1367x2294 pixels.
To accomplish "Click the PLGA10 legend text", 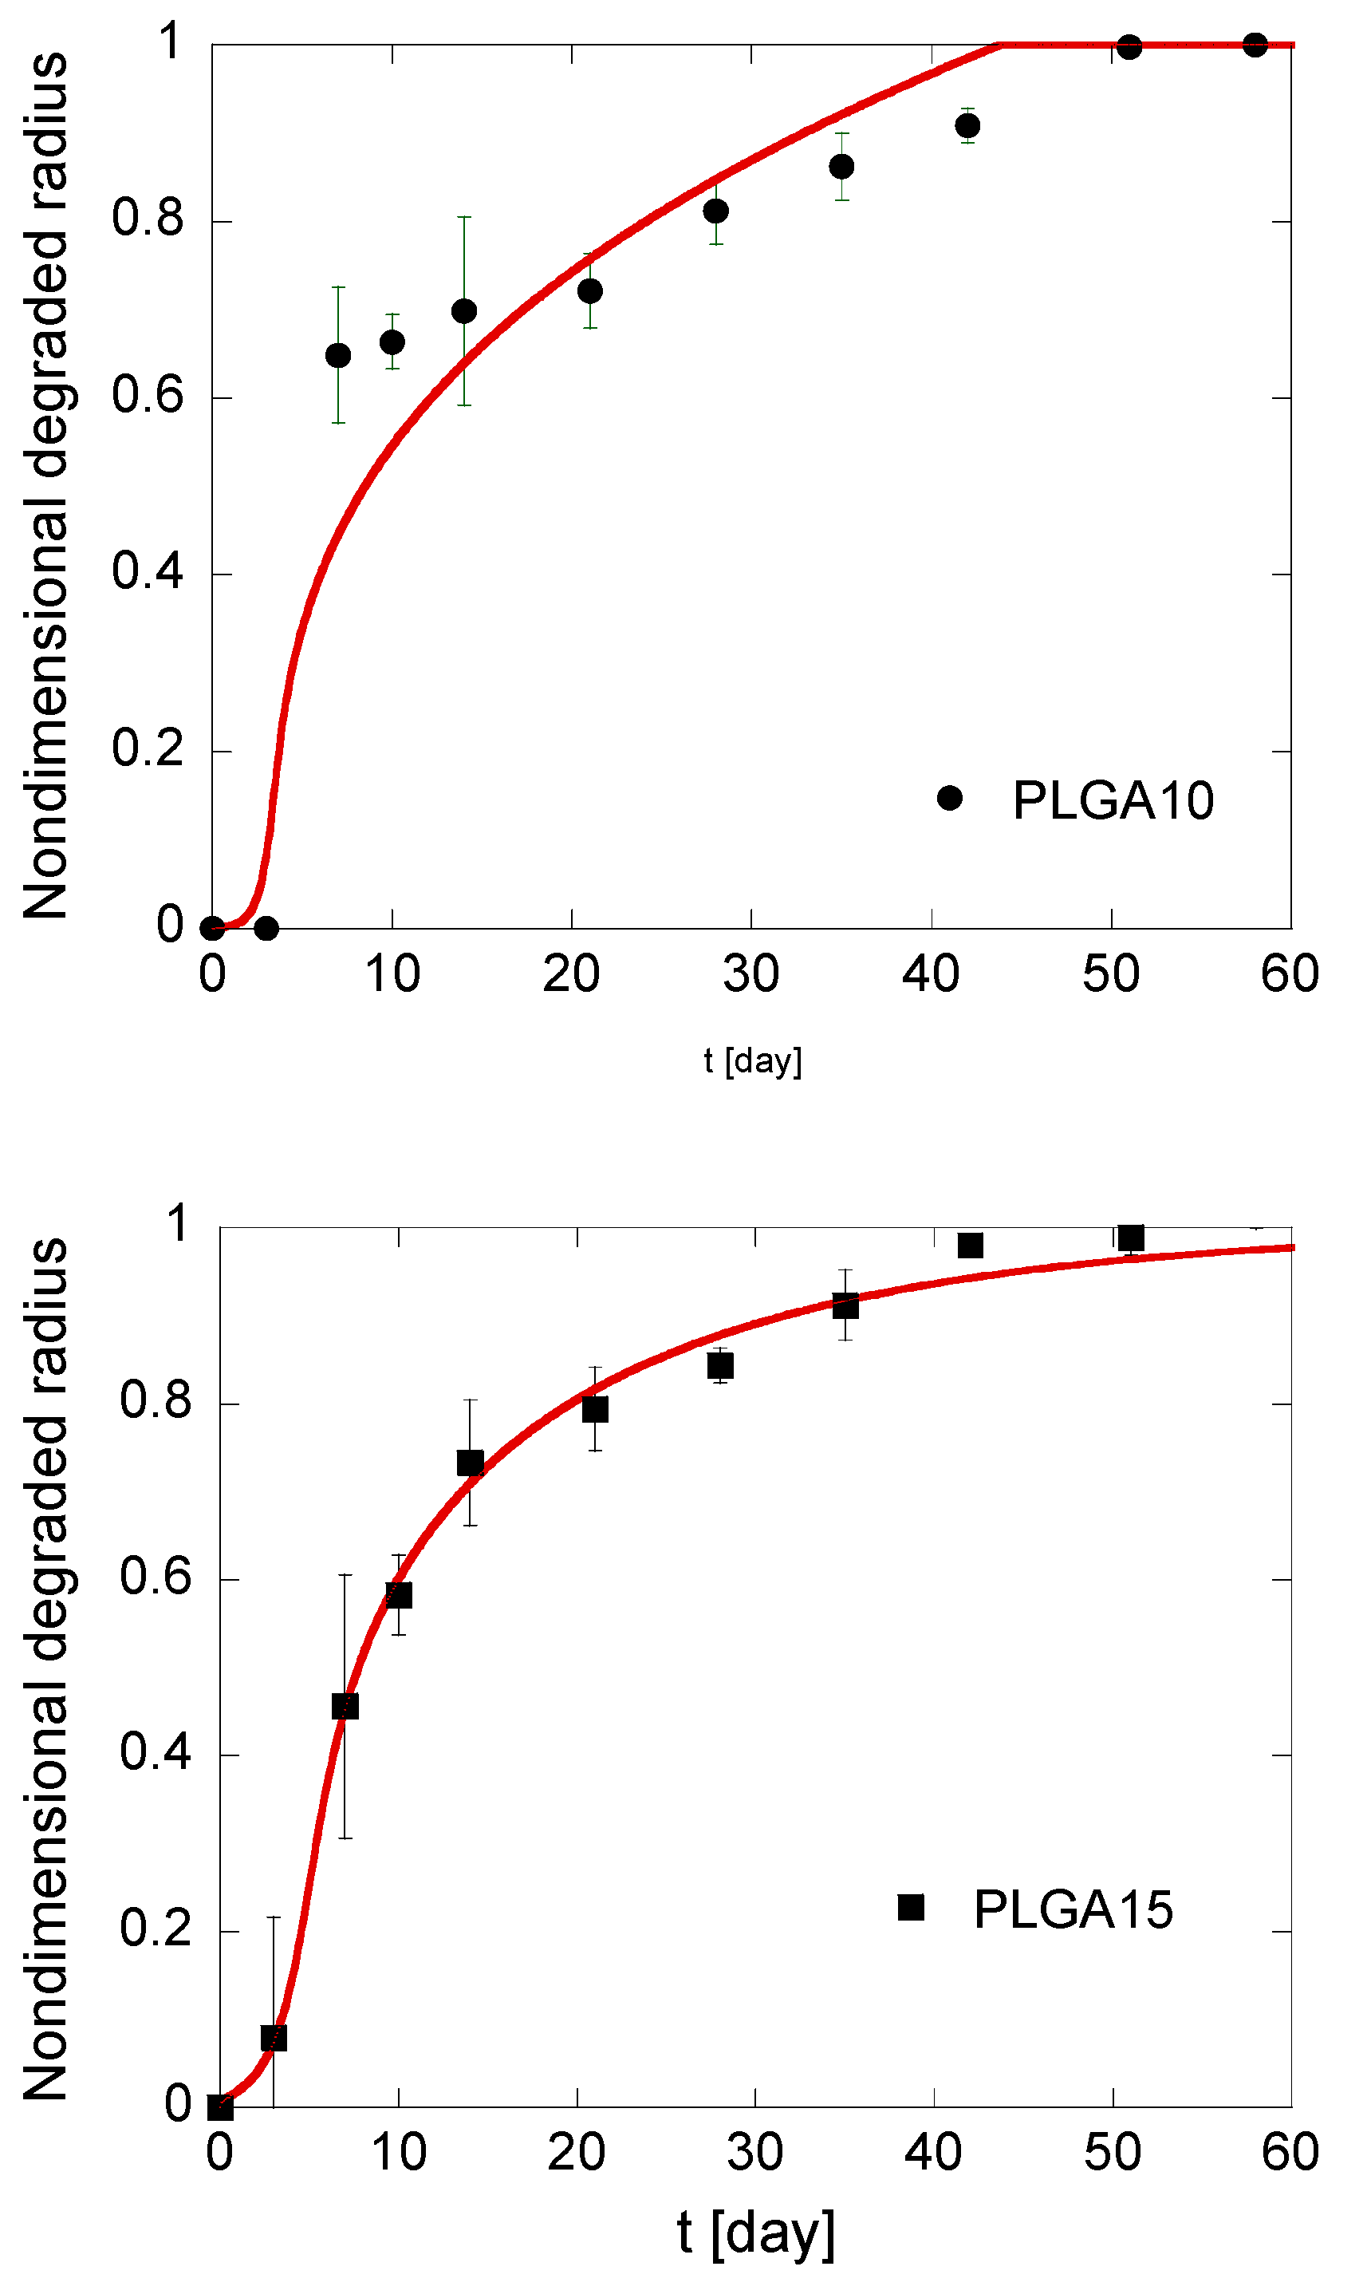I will [x=1113, y=800].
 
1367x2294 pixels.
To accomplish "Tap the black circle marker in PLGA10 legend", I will [x=950, y=798].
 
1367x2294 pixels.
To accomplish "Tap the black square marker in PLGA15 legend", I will [x=911, y=1907].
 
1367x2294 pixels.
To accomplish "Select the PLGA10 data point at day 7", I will [x=338, y=356].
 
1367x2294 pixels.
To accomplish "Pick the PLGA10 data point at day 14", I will [x=464, y=311].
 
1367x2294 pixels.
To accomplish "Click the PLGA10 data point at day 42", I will [x=967, y=126].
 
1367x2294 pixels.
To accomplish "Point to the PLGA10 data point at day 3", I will [x=266, y=928].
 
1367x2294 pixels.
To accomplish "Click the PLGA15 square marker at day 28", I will [x=720, y=1365].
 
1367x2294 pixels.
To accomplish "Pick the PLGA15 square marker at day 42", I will [x=970, y=1246].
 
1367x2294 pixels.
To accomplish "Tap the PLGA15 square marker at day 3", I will [x=274, y=2038].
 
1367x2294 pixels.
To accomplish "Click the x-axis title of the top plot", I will [x=753, y=1060].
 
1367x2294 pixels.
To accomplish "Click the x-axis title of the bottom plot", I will [x=755, y=2233].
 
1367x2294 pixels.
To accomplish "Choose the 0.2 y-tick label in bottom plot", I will [x=155, y=1929].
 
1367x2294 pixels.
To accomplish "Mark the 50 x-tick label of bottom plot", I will [x=1112, y=2154].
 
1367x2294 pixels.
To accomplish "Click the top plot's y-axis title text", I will [x=46, y=485].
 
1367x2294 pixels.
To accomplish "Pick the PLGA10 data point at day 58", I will [x=1255, y=44].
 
